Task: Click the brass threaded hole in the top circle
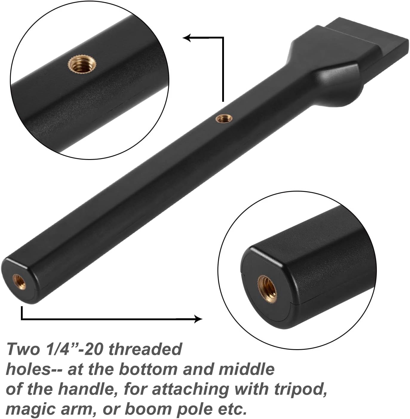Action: (82, 64)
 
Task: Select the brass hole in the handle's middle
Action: (222, 118)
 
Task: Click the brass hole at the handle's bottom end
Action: (19, 281)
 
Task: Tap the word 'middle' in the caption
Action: (246, 369)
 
